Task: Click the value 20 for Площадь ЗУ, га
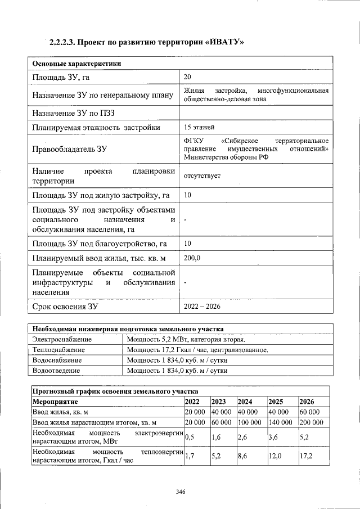[x=187, y=76]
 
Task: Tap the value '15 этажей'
[x=199, y=127]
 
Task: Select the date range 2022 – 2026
[x=202, y=306]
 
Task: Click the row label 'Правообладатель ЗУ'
[x=69, y=149]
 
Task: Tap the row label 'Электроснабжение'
[x=62, y=339]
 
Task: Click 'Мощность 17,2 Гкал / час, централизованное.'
[x=197, y=350]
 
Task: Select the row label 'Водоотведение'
[x=56, y=371]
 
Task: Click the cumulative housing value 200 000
[x=311, y=422]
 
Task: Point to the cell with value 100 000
[x=249, y=422]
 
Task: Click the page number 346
[x=180, y=491]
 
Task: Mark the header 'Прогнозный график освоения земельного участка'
[x=115, y=391]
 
